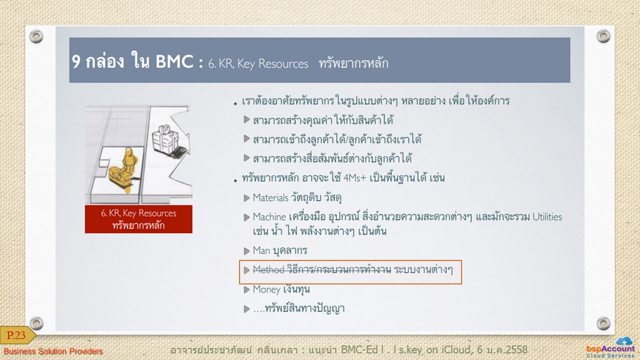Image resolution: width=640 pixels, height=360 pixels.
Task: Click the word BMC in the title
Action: tap(174, 62)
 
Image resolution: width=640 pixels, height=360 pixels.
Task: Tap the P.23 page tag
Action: tap(16, 336)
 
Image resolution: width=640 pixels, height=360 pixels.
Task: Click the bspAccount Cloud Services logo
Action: tap(611, 347)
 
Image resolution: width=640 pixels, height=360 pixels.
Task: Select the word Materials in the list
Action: tap(271, 198)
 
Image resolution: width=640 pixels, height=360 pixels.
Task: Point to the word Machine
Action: tap(269, 217)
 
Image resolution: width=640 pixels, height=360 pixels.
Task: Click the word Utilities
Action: tap(547, 217)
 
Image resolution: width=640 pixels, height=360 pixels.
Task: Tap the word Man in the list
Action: tap(261, 250)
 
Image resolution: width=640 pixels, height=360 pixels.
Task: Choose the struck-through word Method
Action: tap(269, 270)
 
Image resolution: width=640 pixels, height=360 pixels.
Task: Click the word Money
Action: tap(266, 289)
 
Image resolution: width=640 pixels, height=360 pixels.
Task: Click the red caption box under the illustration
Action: tap(138, 219)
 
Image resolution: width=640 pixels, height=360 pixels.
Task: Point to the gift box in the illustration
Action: tap(165, 139)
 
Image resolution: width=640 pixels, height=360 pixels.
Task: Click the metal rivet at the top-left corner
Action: tap(36, 36)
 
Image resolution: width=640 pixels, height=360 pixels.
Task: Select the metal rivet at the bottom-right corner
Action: tap(603, 323)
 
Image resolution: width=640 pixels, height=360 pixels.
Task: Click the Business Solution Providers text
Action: tap(53, 351)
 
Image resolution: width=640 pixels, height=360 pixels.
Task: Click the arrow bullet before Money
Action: tap(246, 290)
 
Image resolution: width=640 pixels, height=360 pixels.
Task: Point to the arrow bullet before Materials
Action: tap(246, 198)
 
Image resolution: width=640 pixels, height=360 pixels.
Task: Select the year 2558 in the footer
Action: tap(515, 350)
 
